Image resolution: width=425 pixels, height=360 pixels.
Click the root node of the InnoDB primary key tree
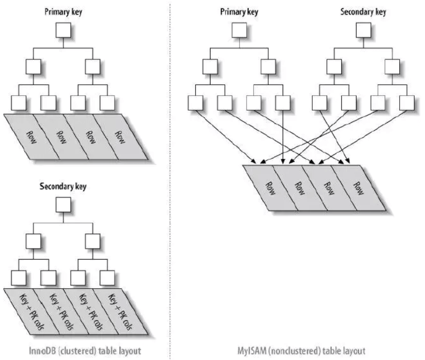click(63, 30)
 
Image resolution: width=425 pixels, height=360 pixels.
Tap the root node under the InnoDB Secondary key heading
click(63, 205)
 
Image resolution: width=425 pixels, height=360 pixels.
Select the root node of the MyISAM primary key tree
click(239, 30)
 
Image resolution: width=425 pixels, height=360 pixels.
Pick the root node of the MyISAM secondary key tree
click(363, 30)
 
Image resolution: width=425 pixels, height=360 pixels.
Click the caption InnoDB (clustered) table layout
click(85, 351)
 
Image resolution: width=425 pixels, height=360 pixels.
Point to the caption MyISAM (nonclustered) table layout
click(302, 351)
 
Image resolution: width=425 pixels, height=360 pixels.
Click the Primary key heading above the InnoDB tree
click(64, 12)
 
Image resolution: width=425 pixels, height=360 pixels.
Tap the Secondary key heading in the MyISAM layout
click(363, 12)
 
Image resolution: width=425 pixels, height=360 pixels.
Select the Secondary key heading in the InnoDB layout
click(63, 187)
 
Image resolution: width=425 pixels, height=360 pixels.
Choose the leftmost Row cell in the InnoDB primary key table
click(32, 137)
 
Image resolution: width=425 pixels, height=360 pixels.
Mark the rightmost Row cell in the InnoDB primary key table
click(120, 137)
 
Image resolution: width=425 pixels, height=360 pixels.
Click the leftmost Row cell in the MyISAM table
click(270, 188)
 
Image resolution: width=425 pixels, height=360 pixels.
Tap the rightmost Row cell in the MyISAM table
click(359, 188)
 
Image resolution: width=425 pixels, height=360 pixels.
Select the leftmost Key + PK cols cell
click(32, 312)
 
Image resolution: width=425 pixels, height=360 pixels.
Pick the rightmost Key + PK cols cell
click(120, 312)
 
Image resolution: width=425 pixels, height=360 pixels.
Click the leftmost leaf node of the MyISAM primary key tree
click(195, 103)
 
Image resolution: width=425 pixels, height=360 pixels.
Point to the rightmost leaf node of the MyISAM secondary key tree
click(407, 103)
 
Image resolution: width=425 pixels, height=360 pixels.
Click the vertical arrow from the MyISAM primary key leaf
click(283, 137)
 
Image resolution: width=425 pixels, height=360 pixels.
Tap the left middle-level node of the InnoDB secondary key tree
click(33, 241)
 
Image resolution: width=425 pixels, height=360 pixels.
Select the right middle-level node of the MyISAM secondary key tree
click(392, 67)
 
